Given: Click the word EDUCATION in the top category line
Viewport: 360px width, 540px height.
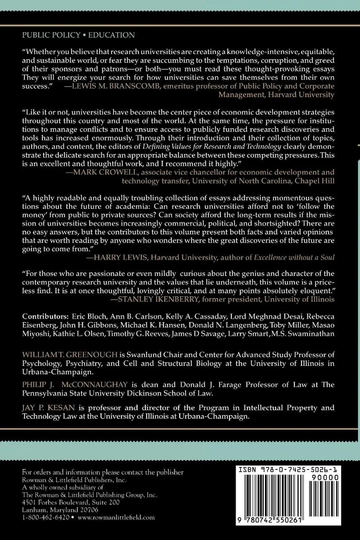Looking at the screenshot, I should pyautogui.click(x=111, y=35).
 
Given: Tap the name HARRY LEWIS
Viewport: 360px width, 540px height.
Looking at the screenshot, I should pyautogui.click(x=116, y=258).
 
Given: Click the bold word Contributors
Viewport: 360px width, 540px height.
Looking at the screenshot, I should pyautogui.click(x=46, y=316).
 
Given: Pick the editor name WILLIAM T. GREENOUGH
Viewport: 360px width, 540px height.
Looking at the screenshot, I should pyautogui.click(x=70, y=355).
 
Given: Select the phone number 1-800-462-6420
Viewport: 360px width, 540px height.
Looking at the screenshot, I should pyautogui.click(x=46, y=517).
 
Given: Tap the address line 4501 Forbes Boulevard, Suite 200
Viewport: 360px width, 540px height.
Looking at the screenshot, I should pyautogui.click(x=71, y=502).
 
